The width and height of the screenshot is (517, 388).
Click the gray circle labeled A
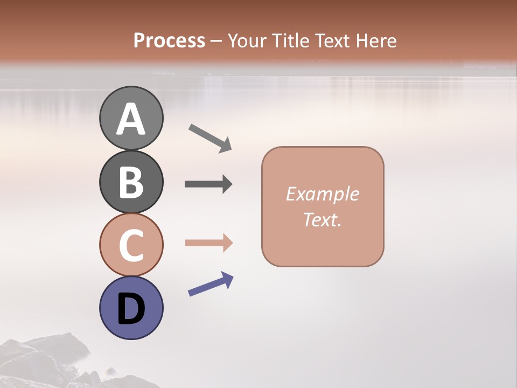131,119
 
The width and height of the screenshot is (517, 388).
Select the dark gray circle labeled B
131,182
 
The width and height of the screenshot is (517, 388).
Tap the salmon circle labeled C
131,245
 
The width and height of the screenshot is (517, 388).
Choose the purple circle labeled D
131,308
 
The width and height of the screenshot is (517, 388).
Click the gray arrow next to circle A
209,137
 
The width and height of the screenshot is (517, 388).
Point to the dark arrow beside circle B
208,184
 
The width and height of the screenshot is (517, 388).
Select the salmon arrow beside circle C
208,243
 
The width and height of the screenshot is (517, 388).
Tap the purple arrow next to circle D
210,284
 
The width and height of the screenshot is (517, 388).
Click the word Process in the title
169,40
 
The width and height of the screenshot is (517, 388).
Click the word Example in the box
322,194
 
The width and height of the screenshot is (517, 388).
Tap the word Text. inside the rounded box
322,219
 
